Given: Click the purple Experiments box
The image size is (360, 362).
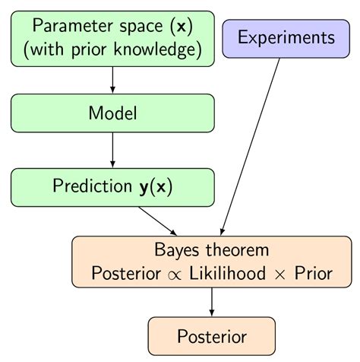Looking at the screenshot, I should coord(286,38).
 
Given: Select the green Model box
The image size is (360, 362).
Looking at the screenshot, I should coord(112,114).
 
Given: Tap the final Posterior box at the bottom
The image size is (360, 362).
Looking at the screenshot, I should coord(212,336).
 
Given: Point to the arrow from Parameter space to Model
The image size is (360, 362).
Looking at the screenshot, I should coord(112,80).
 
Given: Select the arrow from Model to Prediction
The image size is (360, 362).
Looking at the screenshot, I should coord(112,151).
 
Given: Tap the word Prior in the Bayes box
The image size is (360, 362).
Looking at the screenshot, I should coord(313,273).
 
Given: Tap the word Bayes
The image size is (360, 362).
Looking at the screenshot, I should coord(175,250).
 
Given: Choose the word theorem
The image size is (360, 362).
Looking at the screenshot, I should coord(235,250).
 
